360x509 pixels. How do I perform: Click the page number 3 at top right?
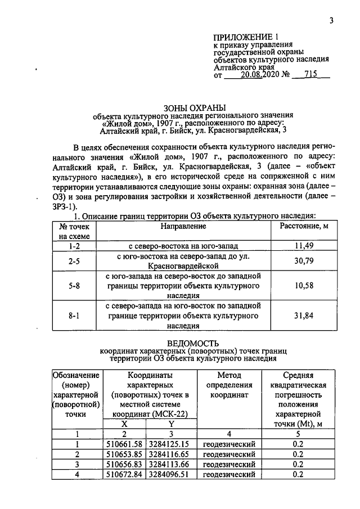click(332, 21)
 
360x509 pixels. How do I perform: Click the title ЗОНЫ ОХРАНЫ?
click(193, 107)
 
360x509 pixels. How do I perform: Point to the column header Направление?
click(184, 226)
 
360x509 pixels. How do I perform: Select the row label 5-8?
click(74, 286)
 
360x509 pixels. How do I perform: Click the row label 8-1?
click(74, 316)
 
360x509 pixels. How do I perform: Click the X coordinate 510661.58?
click(125, 444)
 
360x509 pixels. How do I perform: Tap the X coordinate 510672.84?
click(125, 475)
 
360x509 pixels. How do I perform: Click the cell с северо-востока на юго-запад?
click(184, 246)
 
